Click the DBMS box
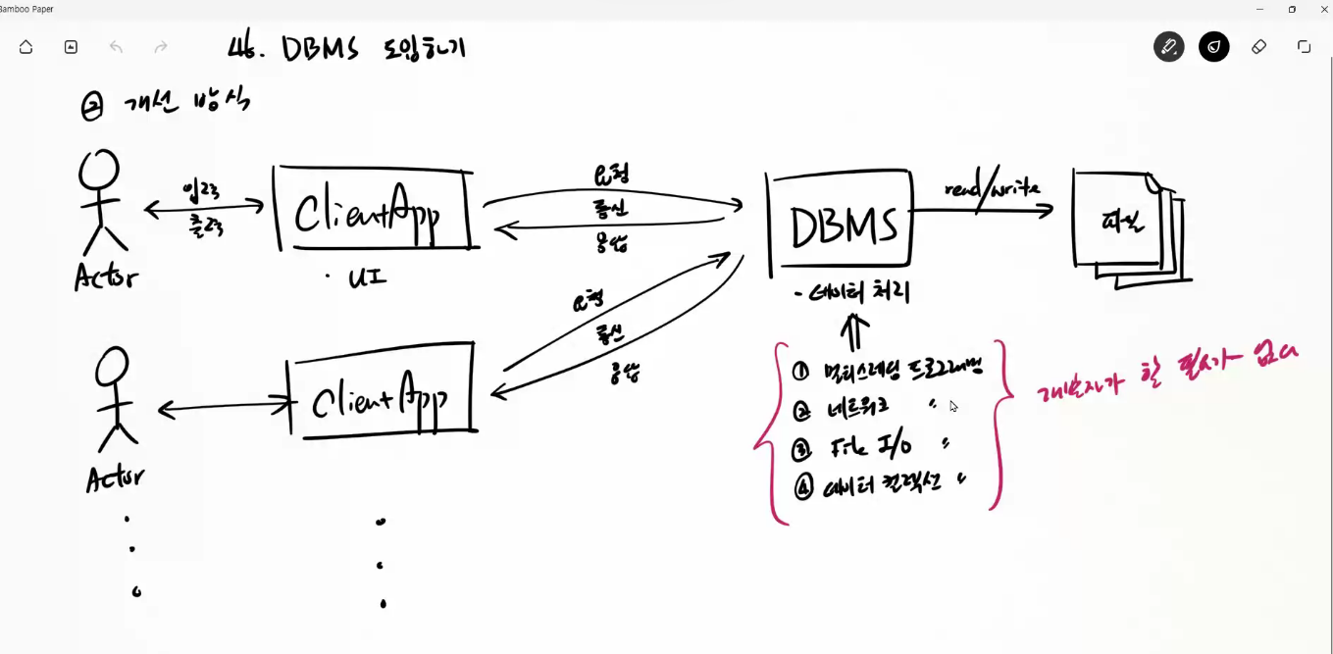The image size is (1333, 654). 842,226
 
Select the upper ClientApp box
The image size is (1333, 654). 374,209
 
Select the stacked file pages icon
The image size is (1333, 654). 1126,225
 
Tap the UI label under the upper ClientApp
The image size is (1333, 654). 367,278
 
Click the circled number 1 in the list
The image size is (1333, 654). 800,372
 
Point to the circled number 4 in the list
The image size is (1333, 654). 803,486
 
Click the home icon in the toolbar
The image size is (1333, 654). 26,47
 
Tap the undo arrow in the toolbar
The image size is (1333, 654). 116,47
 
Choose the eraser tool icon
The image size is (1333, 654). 1258,47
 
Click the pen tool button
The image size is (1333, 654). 1168,47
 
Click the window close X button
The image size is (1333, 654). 1323,9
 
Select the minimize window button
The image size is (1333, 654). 1260,9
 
